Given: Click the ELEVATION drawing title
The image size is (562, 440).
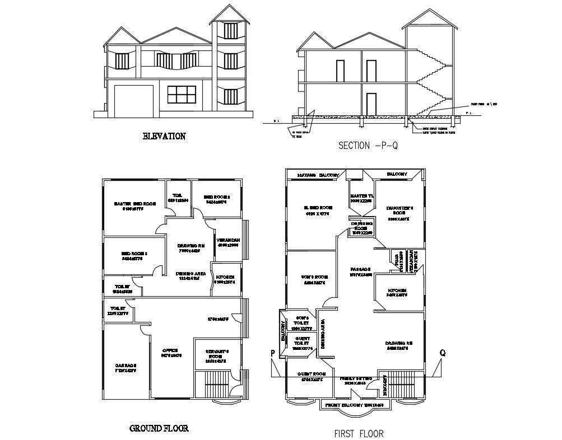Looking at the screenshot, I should [x=164, y=136].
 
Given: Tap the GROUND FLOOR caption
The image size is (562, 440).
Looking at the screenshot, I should [x=159, y=428].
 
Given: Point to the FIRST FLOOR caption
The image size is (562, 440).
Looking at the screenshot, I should [x=359, y=433].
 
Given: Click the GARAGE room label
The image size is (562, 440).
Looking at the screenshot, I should [x=126, y=367].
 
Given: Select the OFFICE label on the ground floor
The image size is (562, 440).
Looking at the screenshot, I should [x=170, y=352].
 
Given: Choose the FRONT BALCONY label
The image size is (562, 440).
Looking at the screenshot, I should [x=351, y=404].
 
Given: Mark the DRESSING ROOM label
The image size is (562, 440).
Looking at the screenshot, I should [x=362, y=226].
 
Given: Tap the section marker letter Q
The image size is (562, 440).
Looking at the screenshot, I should [x=443, y=353].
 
